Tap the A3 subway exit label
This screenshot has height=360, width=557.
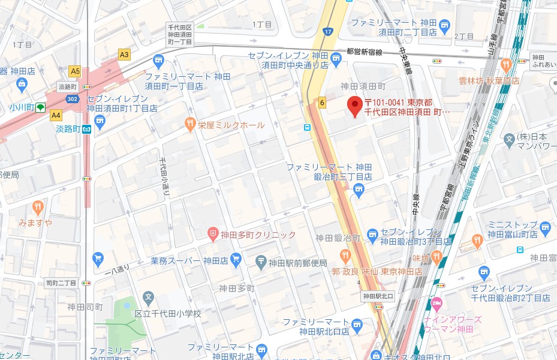point(124,55)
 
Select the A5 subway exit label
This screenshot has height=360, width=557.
point(75,71)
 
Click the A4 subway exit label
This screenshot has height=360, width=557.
point(56,115)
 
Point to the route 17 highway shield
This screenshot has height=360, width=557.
point(327,31)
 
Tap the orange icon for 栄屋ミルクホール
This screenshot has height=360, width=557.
point(189,125)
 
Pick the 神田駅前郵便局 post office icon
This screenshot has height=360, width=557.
point(261,262)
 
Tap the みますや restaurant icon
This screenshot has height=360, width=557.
point(38,208)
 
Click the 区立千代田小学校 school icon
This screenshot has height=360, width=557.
point(148,296)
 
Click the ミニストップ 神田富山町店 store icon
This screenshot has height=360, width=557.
point(544,227)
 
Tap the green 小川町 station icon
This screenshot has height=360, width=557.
point(40,107)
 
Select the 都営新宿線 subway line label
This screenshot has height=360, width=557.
point(364,52)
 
